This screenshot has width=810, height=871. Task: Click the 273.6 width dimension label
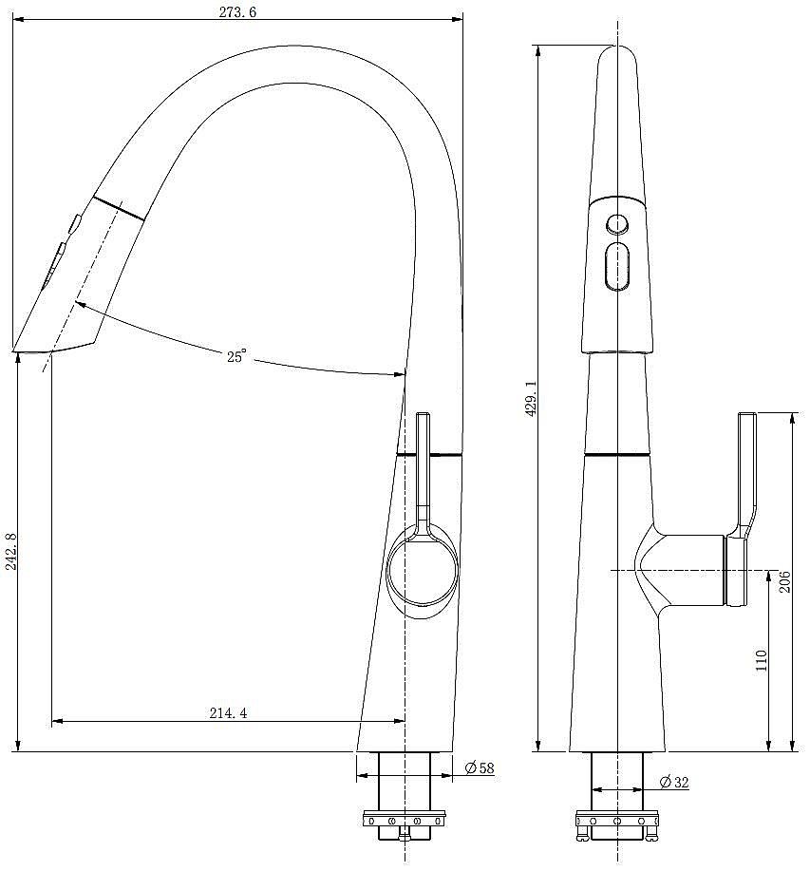point(237,12)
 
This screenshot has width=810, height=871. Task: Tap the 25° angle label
point(235,356)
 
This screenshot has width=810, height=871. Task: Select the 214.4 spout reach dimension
point(228,712)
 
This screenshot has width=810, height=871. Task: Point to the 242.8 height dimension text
point(11,552)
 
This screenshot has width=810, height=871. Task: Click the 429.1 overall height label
point(531,398)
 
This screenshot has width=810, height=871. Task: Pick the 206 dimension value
point(784,581)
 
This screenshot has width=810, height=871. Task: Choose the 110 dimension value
point(762,660)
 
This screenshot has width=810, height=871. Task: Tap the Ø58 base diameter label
point(480,767)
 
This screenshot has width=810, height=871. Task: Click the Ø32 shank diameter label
point(674,782)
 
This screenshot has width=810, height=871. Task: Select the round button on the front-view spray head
point(617,224)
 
